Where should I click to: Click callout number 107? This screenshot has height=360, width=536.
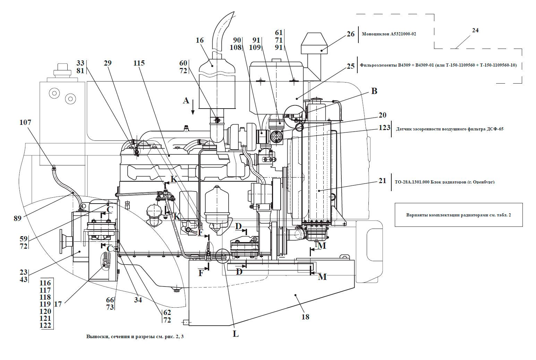point(25,122)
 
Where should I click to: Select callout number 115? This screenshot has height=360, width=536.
point(139,63)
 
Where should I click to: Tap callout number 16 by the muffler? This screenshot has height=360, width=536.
point(199,40)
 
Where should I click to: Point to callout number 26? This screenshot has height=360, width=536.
point(350,34)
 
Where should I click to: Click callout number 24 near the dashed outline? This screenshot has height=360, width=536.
point(475,31)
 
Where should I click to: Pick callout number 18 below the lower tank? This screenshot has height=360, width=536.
point(305,317)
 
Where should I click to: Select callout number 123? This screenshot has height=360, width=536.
point(384,128)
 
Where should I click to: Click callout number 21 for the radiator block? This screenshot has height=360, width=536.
point(382,181)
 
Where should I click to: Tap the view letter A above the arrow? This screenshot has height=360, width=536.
point(186,101)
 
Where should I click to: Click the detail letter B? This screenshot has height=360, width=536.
point(374,91)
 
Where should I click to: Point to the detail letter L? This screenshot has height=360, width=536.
point(236,334)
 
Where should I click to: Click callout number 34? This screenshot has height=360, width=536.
point(138,300)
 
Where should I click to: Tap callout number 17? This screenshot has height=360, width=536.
point(58,304)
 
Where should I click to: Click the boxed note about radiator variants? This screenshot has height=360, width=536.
point(458,215)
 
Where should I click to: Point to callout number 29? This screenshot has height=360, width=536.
point(108,63)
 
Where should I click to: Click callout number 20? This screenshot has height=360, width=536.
point(382,115)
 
